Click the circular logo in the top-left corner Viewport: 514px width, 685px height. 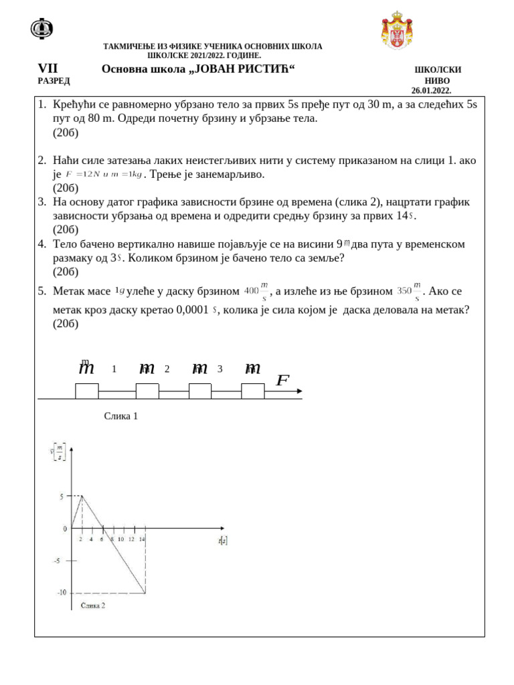point(42,28)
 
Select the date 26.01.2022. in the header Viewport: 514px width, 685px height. point(431,90)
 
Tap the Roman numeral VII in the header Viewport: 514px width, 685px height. point(48,69)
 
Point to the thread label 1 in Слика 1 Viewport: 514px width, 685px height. point(114,369)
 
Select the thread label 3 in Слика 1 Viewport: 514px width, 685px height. point(220,369)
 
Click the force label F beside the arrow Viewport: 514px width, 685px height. point(282,381)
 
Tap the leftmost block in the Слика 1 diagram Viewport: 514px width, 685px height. point(87,391)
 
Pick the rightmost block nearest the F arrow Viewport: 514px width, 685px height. point(252,391)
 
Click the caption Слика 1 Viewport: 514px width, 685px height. point(121,416)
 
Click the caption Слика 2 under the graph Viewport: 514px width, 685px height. point(92,605)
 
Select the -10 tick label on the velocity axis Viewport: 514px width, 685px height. point(61,593)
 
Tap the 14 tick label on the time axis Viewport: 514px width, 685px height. point(142,539)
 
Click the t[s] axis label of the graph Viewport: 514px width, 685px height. point(222,540)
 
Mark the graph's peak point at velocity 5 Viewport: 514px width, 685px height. point(82,496)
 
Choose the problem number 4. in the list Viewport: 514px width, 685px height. point(41,244)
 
